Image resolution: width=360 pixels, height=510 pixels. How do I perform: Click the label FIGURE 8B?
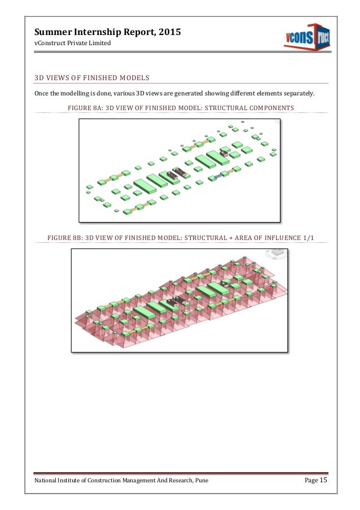click(66, 237)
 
